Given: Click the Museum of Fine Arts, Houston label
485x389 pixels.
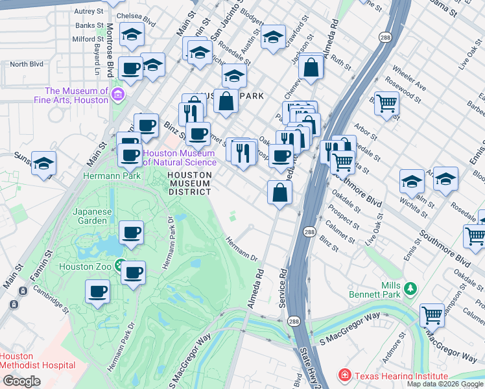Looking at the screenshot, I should point(77,95).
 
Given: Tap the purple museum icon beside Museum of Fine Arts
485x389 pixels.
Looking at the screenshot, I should point(117,96).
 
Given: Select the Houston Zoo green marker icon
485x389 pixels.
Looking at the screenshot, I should point(120,265).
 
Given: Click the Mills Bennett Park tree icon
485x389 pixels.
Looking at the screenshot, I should point(409,288).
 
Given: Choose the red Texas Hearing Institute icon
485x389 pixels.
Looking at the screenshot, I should point(344,376).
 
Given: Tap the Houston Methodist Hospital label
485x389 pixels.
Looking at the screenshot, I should point(37,360).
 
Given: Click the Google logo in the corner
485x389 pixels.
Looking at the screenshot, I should point(21,381).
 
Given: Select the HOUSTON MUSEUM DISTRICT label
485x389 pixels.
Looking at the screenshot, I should point(189,183).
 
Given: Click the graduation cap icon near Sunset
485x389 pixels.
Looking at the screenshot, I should point(43,164).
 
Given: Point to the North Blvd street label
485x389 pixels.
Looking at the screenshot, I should point(27,64).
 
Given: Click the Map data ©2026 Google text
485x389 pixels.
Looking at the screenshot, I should point(444,384).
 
